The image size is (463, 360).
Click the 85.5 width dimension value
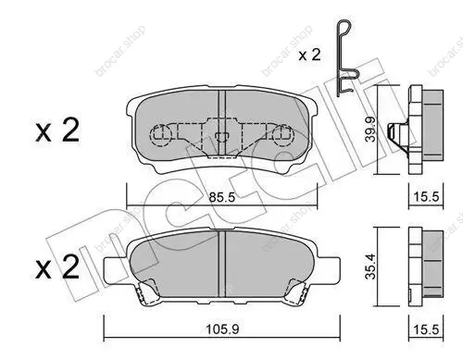point(222,197)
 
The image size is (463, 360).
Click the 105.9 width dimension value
point(222,329)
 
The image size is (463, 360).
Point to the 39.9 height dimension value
point(370,129)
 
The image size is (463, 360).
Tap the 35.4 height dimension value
point(370,267)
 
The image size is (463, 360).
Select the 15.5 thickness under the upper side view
point(426,196)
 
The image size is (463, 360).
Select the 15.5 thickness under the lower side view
point(426,329)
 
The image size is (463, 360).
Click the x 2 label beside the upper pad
point(57,130)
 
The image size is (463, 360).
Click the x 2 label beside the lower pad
point(57,267)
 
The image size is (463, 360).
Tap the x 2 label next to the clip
point(309,55)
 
